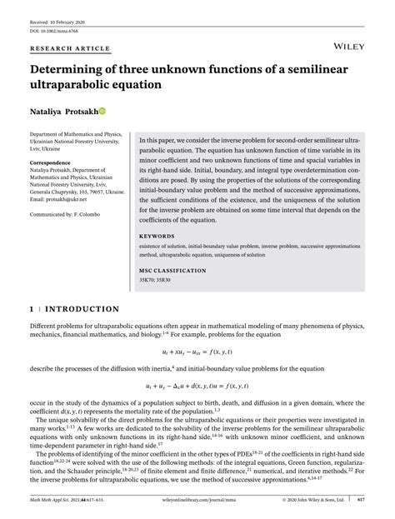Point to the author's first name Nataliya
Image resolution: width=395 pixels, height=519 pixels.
tap(46, 112)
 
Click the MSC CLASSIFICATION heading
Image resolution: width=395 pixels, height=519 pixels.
tap(174, 270)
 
